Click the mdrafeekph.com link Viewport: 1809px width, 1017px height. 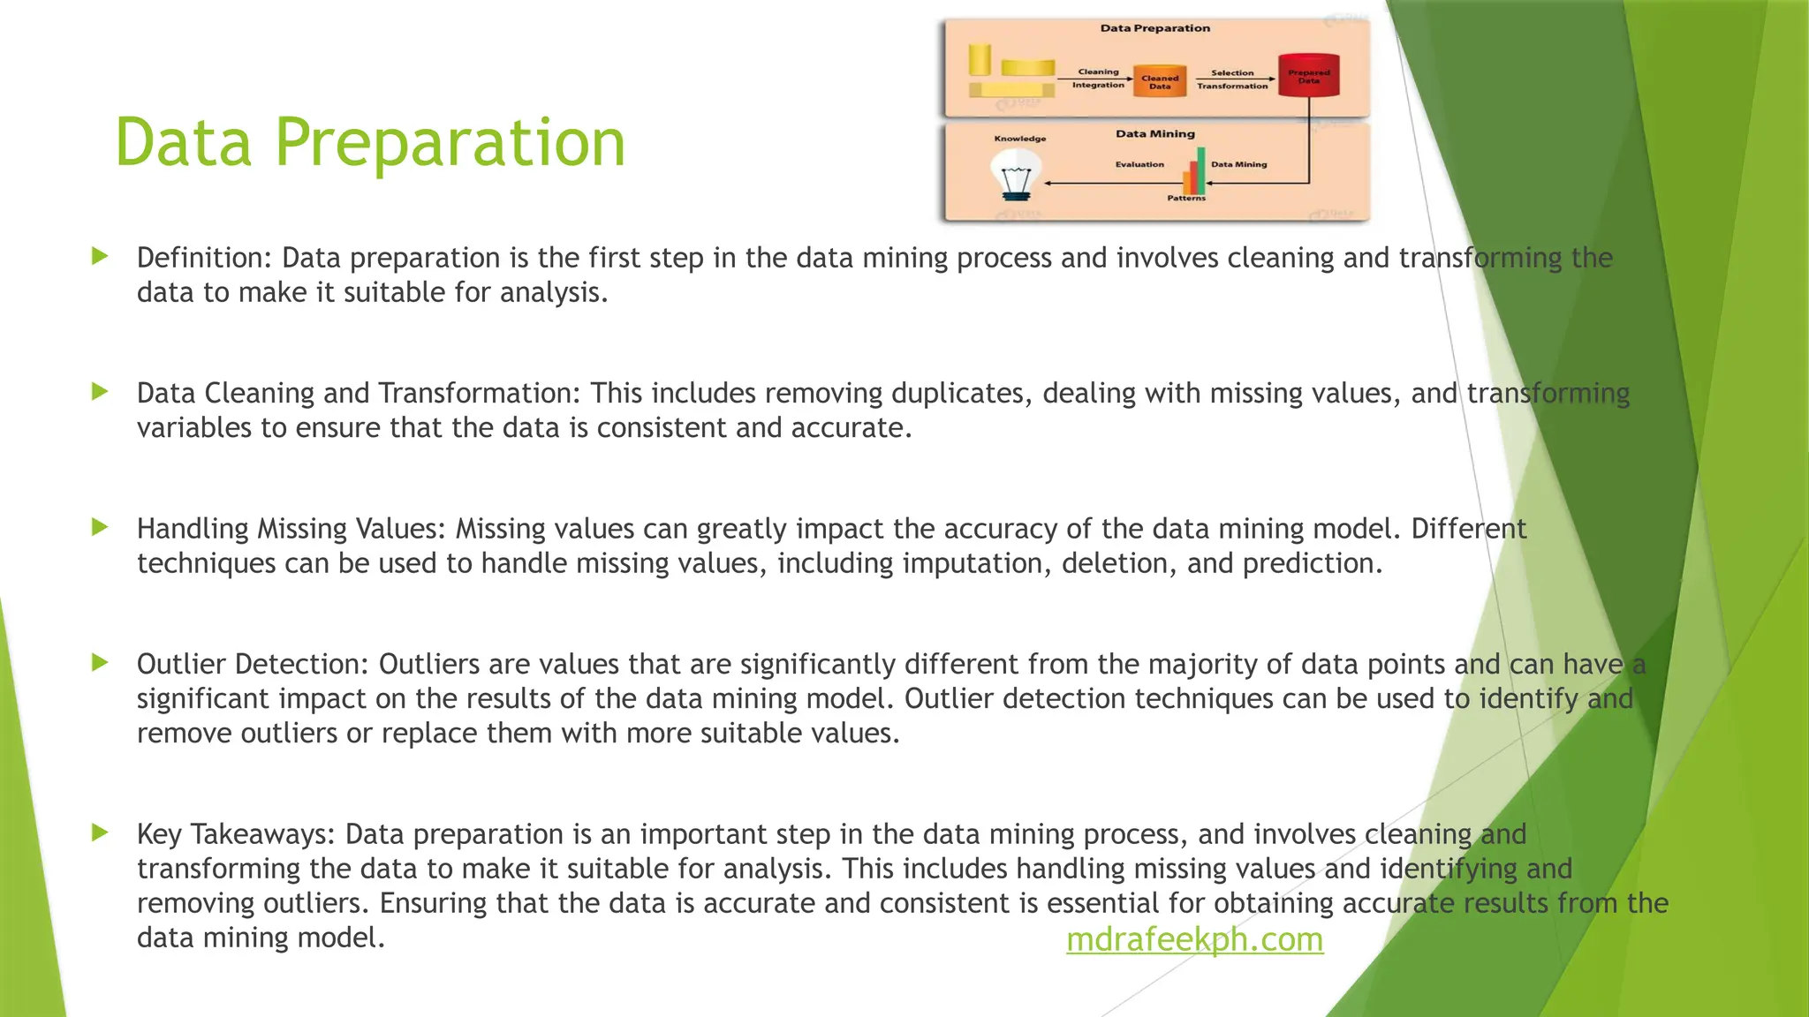(x=1194, y=939)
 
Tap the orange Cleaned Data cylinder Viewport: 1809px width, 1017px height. (x=1159, y=79)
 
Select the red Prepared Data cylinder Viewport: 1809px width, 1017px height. (x=1308, y=75)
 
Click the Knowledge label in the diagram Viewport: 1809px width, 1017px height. (x=1020, y=139)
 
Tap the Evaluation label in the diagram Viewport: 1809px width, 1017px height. (x=1139, y=164)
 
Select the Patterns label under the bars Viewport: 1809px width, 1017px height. (x=1186, y=198)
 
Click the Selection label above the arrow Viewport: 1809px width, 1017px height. (x=1232, y=72)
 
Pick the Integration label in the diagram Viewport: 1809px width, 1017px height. (x=1098, y=86)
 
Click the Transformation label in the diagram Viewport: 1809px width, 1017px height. (x=1232, y=87)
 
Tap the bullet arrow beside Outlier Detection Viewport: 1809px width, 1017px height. (x=100, y=662)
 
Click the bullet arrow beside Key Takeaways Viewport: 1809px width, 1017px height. (x=100, y=832)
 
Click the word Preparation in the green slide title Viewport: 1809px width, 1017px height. (x=450, y=142)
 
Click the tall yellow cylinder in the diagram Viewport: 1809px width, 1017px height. (x=979, y=59)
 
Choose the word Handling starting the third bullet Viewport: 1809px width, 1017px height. (x=193, y=529)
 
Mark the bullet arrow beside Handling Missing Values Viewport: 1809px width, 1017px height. (x=100, y=527)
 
